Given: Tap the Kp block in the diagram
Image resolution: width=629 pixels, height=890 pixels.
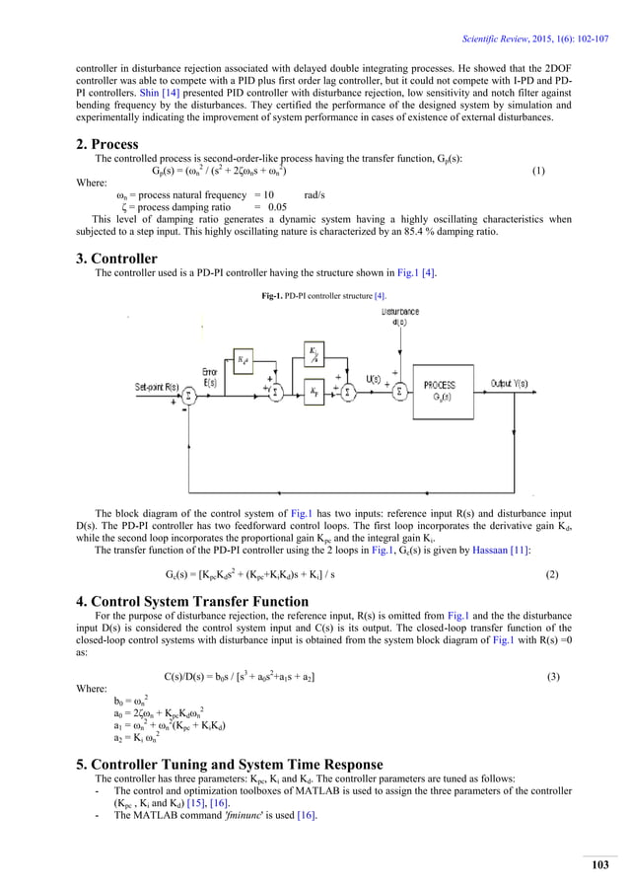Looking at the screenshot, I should coord(313,393).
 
